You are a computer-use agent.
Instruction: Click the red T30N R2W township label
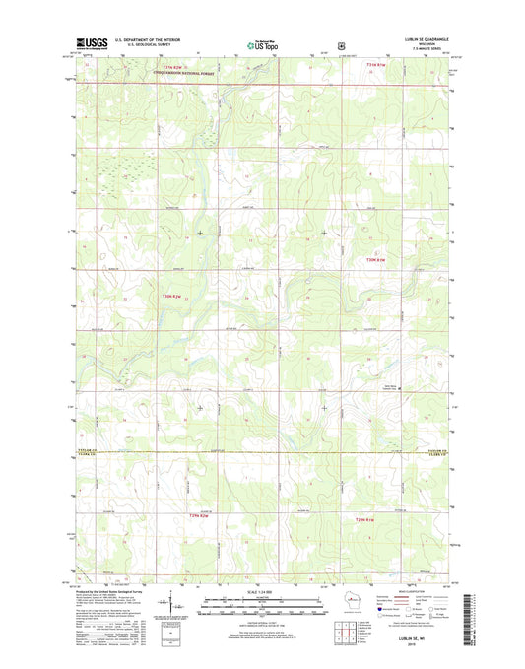(x=173, y=298)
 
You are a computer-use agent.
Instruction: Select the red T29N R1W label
(x=366, y=518)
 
